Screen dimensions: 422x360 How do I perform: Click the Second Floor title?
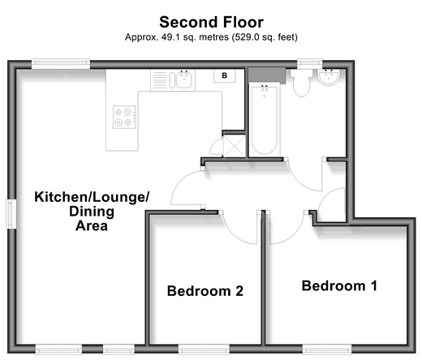(x=211, y=22)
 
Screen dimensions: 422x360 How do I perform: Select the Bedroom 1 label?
(x=339, y=285)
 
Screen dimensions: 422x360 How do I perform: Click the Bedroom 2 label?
(x=205, y=291)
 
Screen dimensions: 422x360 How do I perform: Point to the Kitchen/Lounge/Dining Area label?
(x=92, y=211)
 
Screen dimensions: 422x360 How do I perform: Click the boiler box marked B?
(x=225, y=75)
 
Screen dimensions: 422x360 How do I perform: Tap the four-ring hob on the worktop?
(x=124, y=117)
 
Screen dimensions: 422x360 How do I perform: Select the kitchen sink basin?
(x=184, y=79)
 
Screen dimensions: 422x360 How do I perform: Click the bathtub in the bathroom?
(x=265, y=120)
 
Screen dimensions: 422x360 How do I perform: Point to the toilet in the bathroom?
(x=301, y=82)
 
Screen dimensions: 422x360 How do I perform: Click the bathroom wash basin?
(x=329, y=77)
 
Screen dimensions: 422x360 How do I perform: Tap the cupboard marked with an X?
(x=235, y=146)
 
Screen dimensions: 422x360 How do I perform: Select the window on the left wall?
(x=11, y=214)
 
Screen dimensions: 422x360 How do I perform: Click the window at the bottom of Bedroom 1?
(x=327, y=349)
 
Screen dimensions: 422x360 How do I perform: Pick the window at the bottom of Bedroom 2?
(x=204, y=349)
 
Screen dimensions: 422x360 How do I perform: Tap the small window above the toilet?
(x=310, y=64)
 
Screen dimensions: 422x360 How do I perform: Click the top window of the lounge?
(x=61, y=64)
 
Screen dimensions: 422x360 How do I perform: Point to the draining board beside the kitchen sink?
(x=160, y=79)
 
